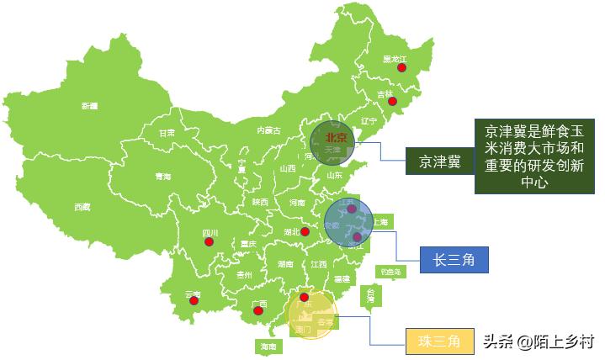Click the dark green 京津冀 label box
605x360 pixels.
point(441,161)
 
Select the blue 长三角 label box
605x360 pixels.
point(454,260)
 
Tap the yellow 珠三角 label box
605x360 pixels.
point(439,341)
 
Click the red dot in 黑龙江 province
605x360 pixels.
point(403,68)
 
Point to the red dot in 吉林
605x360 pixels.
point(391,100)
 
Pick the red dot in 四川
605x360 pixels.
point(209,242)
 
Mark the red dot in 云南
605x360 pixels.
point(194,301)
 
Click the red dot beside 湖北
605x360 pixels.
point(305,230)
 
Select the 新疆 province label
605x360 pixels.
point(89,106)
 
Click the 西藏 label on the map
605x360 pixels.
point(82,206)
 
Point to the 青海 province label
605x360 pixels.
point(162,176)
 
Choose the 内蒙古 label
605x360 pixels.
point(269,130)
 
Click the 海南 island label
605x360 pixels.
point(268,347)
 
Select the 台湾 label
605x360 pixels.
point(369,294)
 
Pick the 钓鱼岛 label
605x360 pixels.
point(390,272)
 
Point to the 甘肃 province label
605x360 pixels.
point(167,132)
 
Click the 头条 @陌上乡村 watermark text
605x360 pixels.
point(539,341)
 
